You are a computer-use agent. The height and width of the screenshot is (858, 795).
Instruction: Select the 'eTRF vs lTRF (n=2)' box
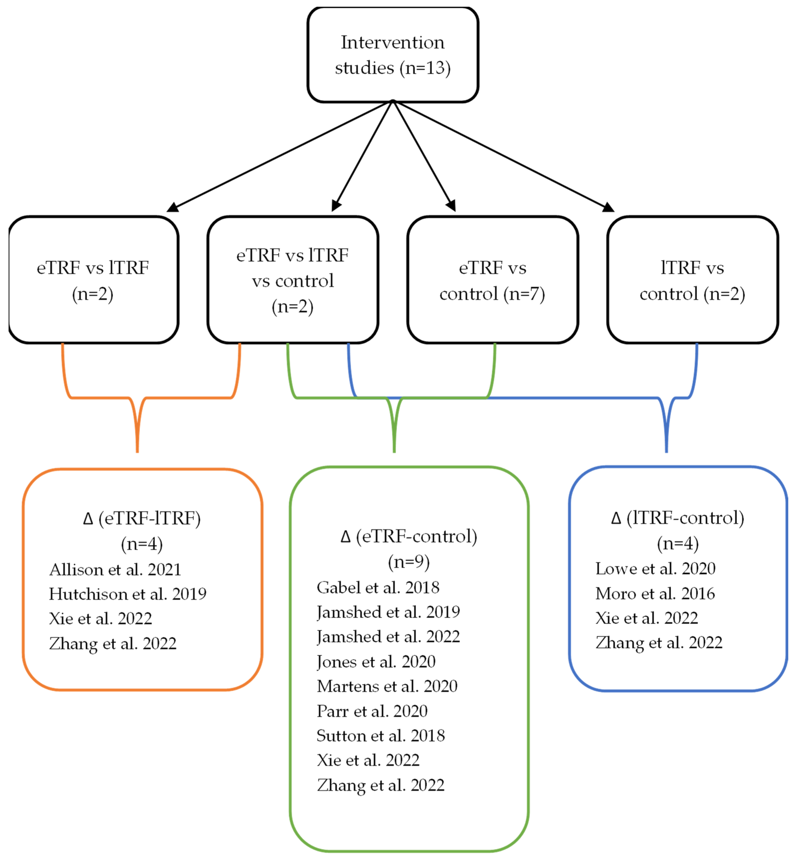pyautogui.click(x=93, y=280)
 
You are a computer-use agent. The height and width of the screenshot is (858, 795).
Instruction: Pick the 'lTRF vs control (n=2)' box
pyautogui.click(x=692, y=280)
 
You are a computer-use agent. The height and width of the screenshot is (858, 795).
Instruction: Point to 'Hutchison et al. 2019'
pyautogui.click(x=127, y=594)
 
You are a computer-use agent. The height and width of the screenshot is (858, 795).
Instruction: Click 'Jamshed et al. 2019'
pyautogui.click(x=388, y=612)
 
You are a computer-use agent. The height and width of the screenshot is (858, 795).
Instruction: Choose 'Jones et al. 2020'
pyautogui.click(x=376, y=661)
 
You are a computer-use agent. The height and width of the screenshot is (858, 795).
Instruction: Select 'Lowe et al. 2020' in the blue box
pyautogui.click(x=655, y=569)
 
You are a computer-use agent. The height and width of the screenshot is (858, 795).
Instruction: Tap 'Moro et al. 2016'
pyautogui.click(x=655, y=594)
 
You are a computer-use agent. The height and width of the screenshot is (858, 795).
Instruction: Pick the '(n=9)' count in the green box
pyautogui.click(x=409, y=562)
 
